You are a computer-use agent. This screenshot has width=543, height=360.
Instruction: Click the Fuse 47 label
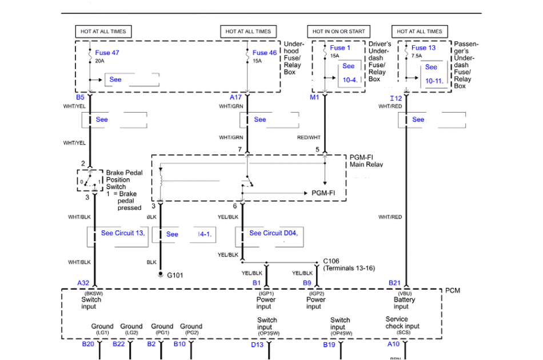point(107,53)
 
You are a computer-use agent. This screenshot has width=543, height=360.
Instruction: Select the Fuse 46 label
point(265,53)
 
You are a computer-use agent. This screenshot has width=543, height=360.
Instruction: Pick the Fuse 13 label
point(424,48)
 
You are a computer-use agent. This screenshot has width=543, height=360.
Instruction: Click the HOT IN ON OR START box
point(338,31)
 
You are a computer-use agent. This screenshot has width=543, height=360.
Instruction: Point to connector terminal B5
point(80,97)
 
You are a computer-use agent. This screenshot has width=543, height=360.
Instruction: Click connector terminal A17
point(235,97)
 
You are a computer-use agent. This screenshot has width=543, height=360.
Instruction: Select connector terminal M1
point(315,97)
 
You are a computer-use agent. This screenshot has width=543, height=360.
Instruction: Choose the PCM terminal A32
point(83,283)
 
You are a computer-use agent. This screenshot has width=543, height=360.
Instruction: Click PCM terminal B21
point(394,283)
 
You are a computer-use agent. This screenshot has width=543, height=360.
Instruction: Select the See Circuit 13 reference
point(122,233)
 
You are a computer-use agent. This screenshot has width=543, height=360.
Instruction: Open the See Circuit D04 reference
point(273,233)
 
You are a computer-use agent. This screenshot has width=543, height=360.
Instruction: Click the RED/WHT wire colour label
point(309,138)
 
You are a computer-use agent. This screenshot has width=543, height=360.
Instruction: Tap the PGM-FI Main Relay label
point(366,161)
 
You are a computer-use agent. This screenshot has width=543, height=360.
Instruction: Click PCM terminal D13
point(257,345)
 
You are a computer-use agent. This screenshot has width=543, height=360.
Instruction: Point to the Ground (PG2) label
point(191,329)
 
